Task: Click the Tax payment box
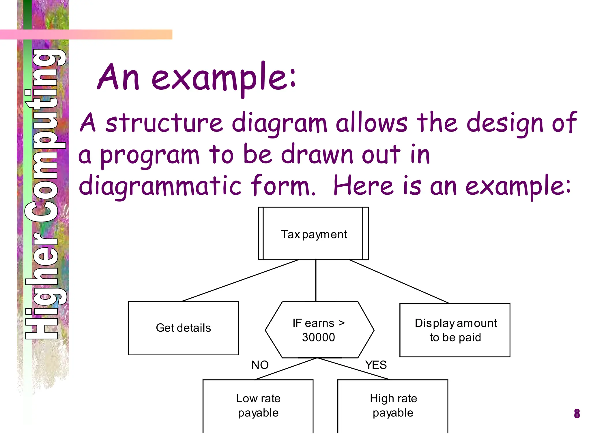tap(313, 233)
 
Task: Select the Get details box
tap(183, 328)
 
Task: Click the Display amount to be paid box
tap(455, 330)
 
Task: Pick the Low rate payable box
tap(258, 405)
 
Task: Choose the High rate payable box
tap(393, 405)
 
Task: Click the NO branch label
tap(260, 365)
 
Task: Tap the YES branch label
tap(375, 365)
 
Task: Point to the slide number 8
tap(577, 414)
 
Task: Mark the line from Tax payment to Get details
tap(240, 281)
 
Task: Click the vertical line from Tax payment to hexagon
tap(316, 280)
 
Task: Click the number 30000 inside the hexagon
tap(318, 337)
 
